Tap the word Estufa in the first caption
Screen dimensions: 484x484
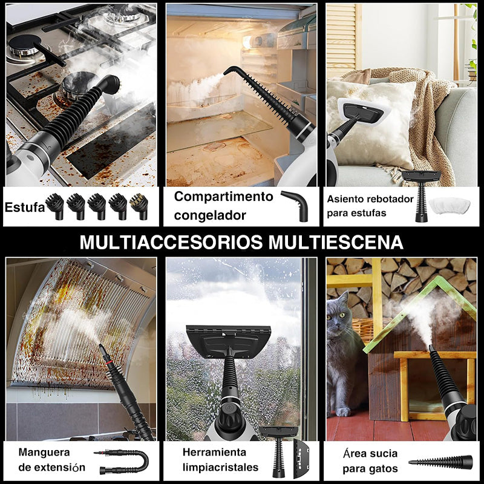(24, 208)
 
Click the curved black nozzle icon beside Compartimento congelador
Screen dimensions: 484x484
(295, 204)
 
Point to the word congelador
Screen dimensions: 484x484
(210, 215)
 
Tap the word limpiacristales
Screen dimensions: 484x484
(220, 467)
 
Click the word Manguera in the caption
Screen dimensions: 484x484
(44, 452)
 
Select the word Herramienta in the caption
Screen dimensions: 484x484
(214, 452)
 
